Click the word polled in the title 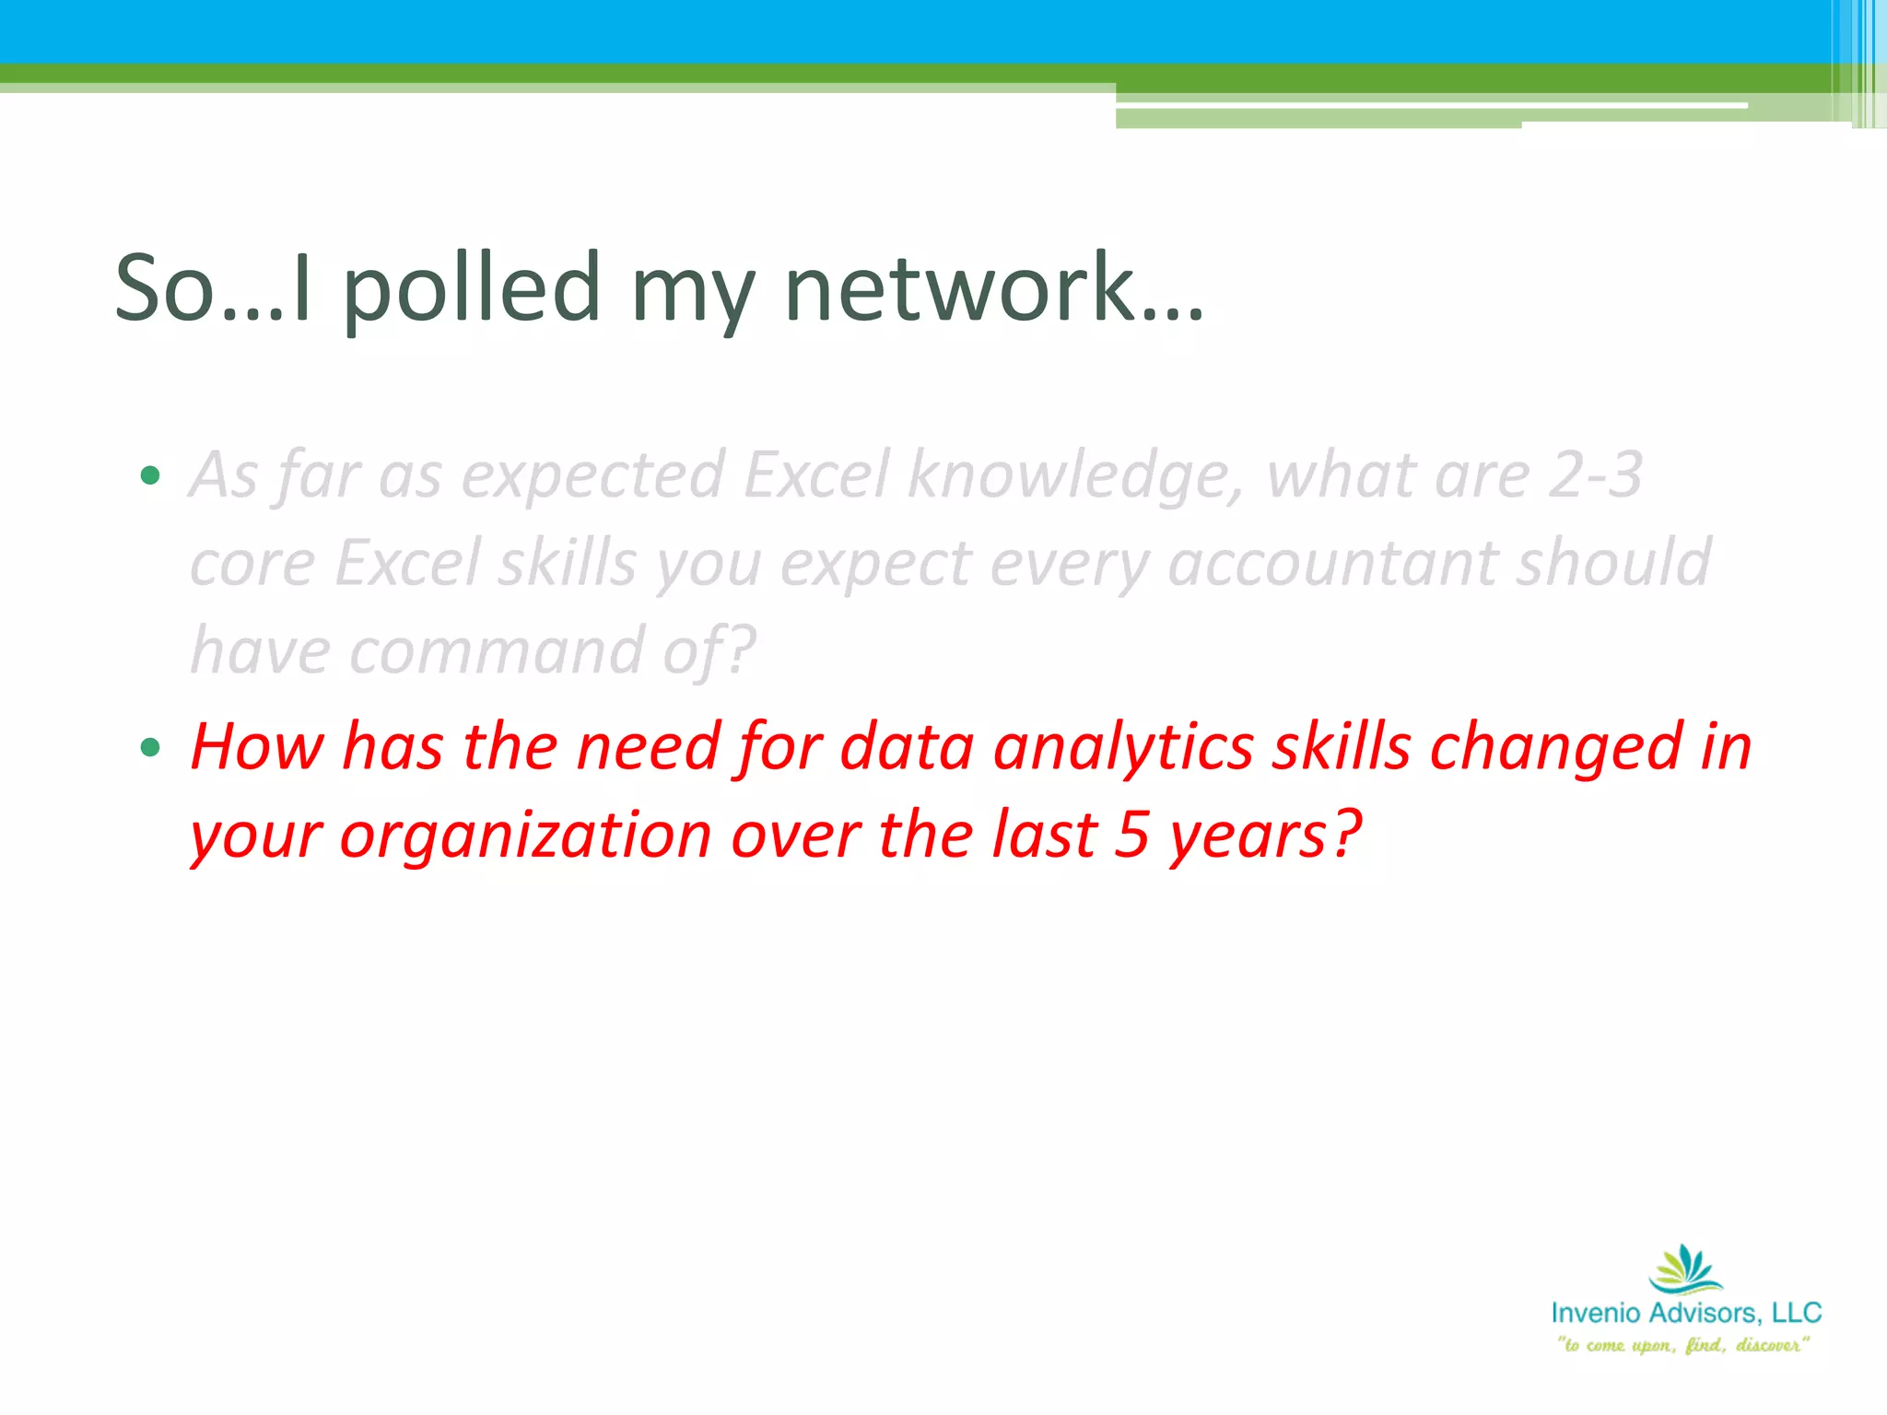[472, 289]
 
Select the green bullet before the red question [150, 747]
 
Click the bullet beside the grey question [150, 476]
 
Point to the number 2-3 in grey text [1595, 475]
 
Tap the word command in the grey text [497, 651]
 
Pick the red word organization [525, 836]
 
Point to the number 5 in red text [1131, 835]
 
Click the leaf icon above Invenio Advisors [1685, 1269]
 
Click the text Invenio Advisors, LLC [1685, 1313]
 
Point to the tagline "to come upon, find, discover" [1682, 1345]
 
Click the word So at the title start [164, 289]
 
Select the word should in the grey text [1613, 564]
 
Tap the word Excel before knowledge [816, 475]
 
